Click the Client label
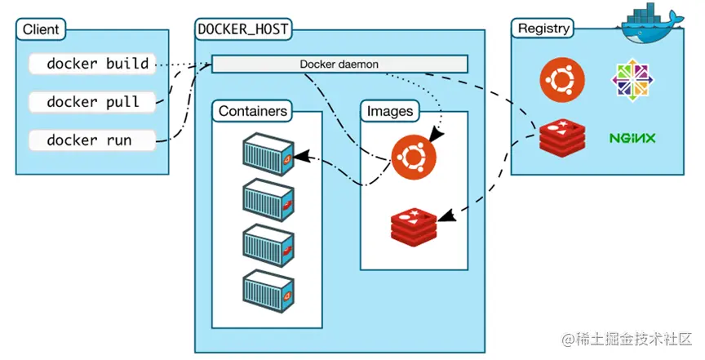click(x=41, y=29)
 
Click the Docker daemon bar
click(x=339, y=64)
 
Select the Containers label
click(x=253, y=111)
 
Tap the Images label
click(x=390, y=111)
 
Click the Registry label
click(x=543, y=29)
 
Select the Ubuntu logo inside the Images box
click(x=414, y=155)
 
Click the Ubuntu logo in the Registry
click(x=562, y=79)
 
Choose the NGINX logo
click(x=632, y=137)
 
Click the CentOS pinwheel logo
click(x=633, y=80)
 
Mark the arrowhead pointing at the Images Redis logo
click(x=445, y=216)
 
